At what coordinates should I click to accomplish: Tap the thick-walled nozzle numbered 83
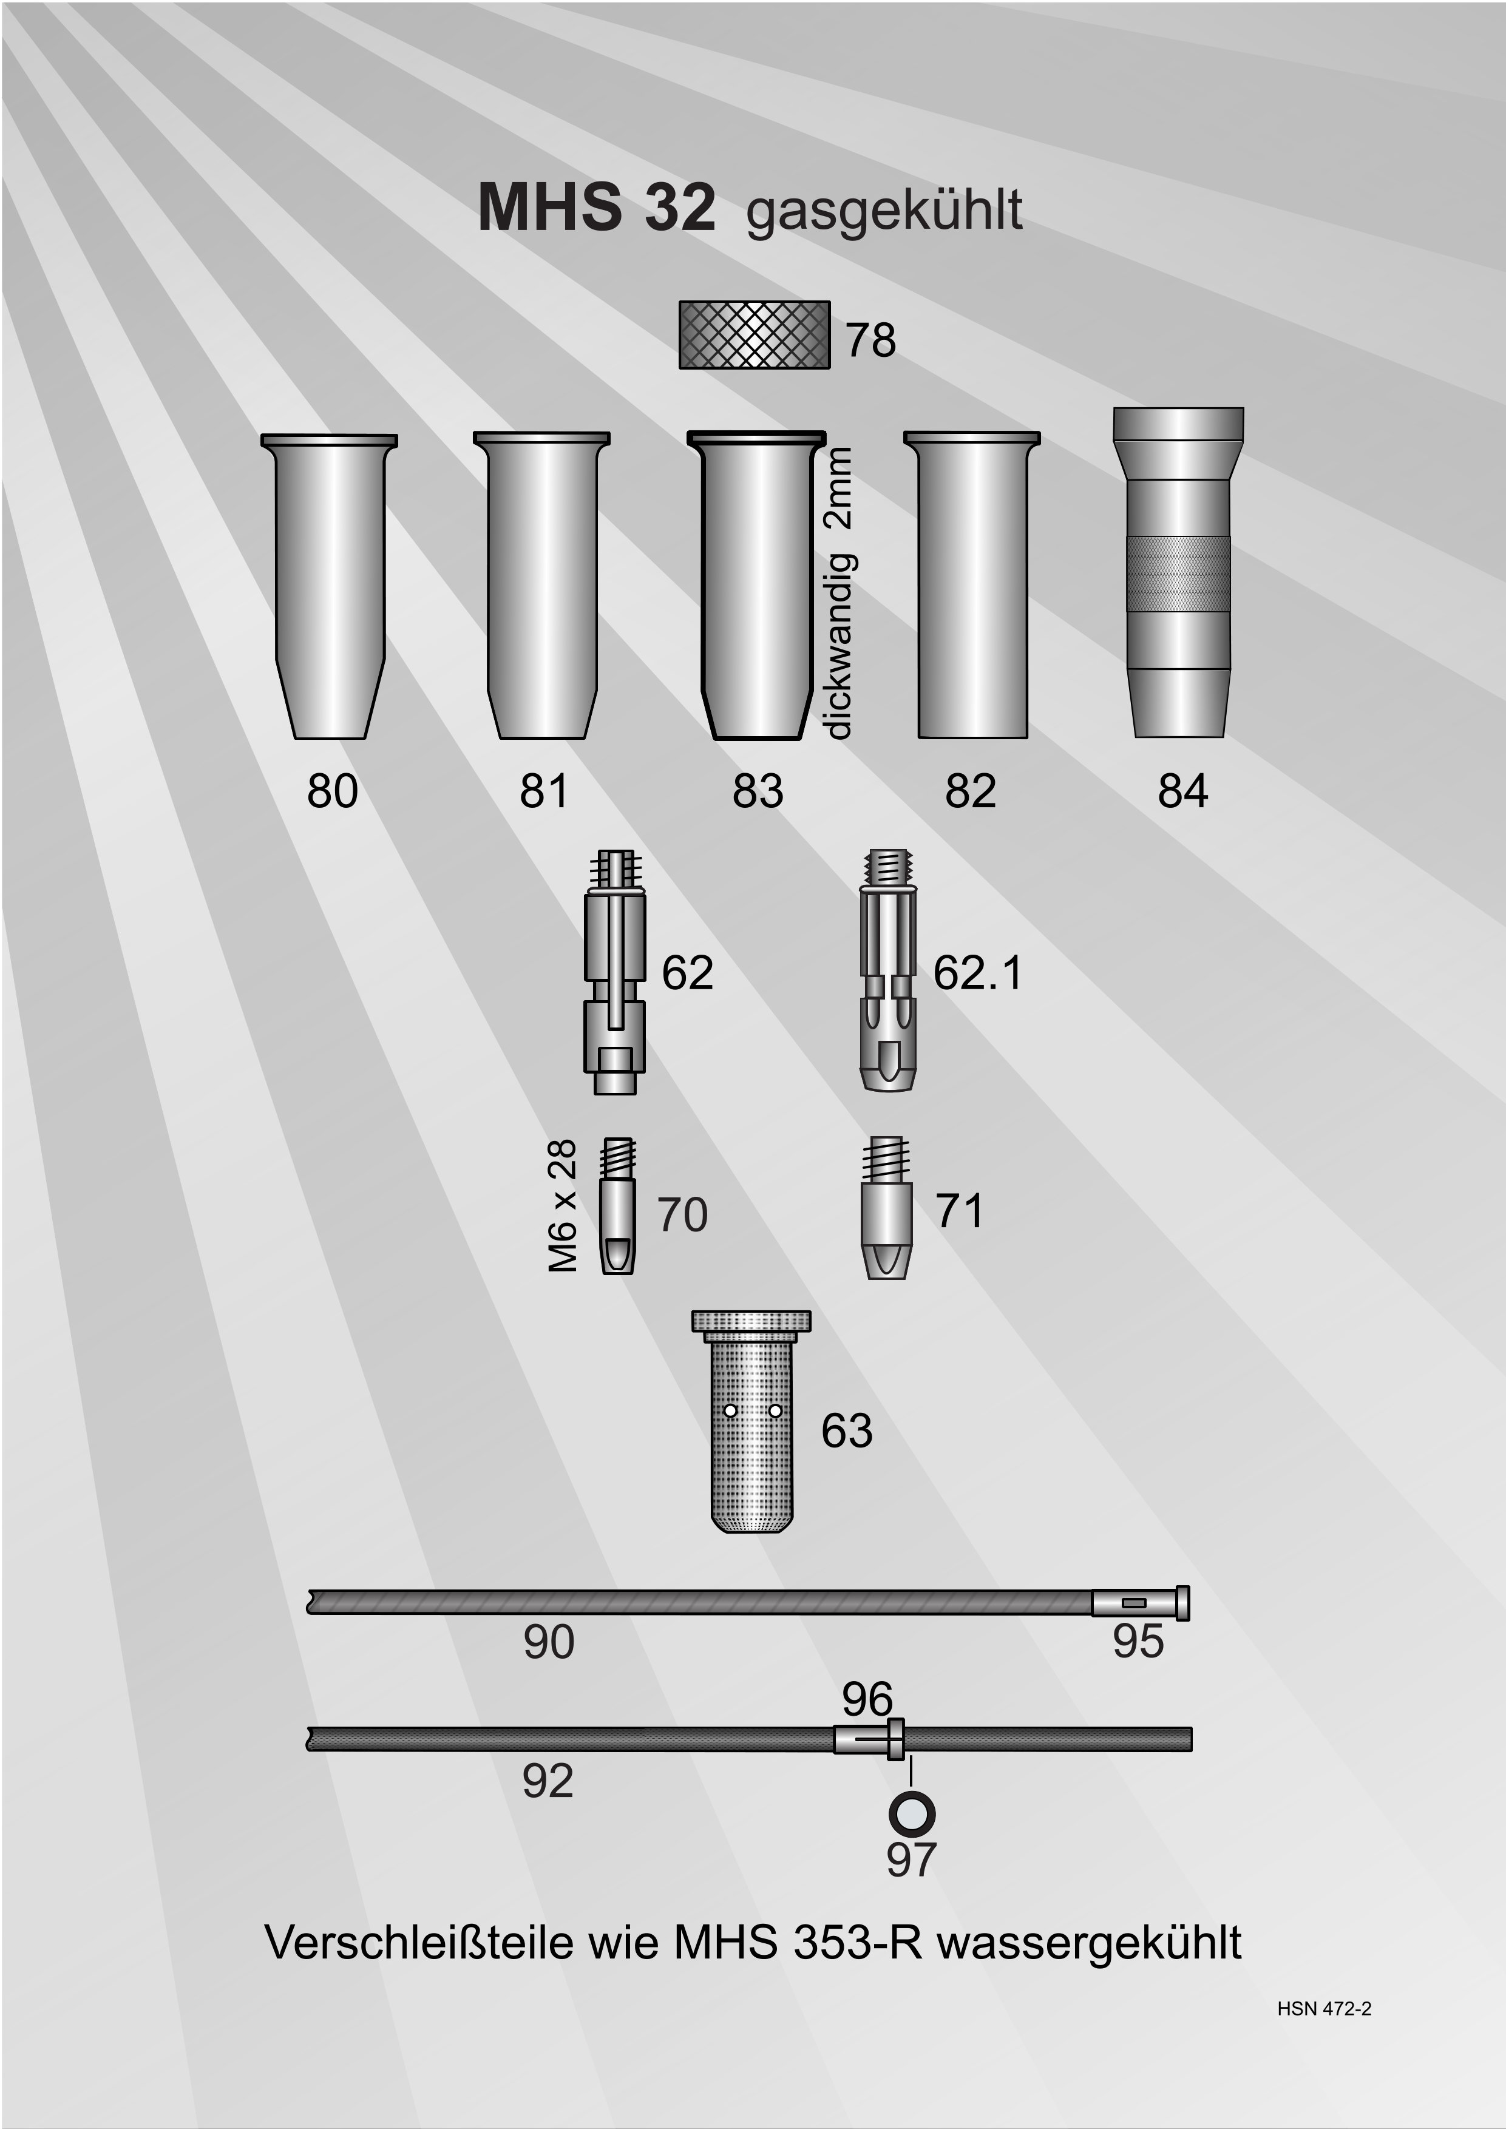755,586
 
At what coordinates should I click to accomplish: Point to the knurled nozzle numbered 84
1179,572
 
